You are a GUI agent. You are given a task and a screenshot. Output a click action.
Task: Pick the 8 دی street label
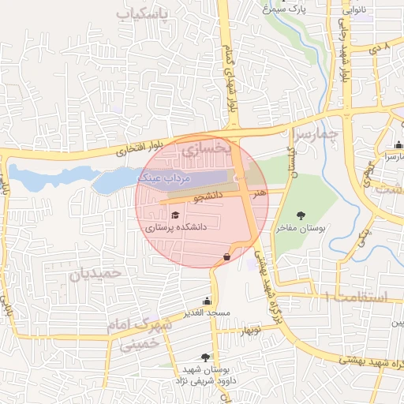click(x=386, y=48)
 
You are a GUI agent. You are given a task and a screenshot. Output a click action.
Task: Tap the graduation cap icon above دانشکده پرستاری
click(x=174, y=214)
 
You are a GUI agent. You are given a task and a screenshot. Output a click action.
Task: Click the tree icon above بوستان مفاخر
click(x=300, y=215)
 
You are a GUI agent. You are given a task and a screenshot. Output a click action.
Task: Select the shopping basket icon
click(x=227, y=256)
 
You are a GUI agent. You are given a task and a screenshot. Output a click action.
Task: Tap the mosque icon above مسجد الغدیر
click(x=207, y=300)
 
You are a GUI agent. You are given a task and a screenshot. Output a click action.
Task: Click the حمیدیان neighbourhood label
click(x=97, y=273)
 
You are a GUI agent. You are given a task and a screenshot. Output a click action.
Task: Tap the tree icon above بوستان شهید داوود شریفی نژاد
click(x=206, y=357)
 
